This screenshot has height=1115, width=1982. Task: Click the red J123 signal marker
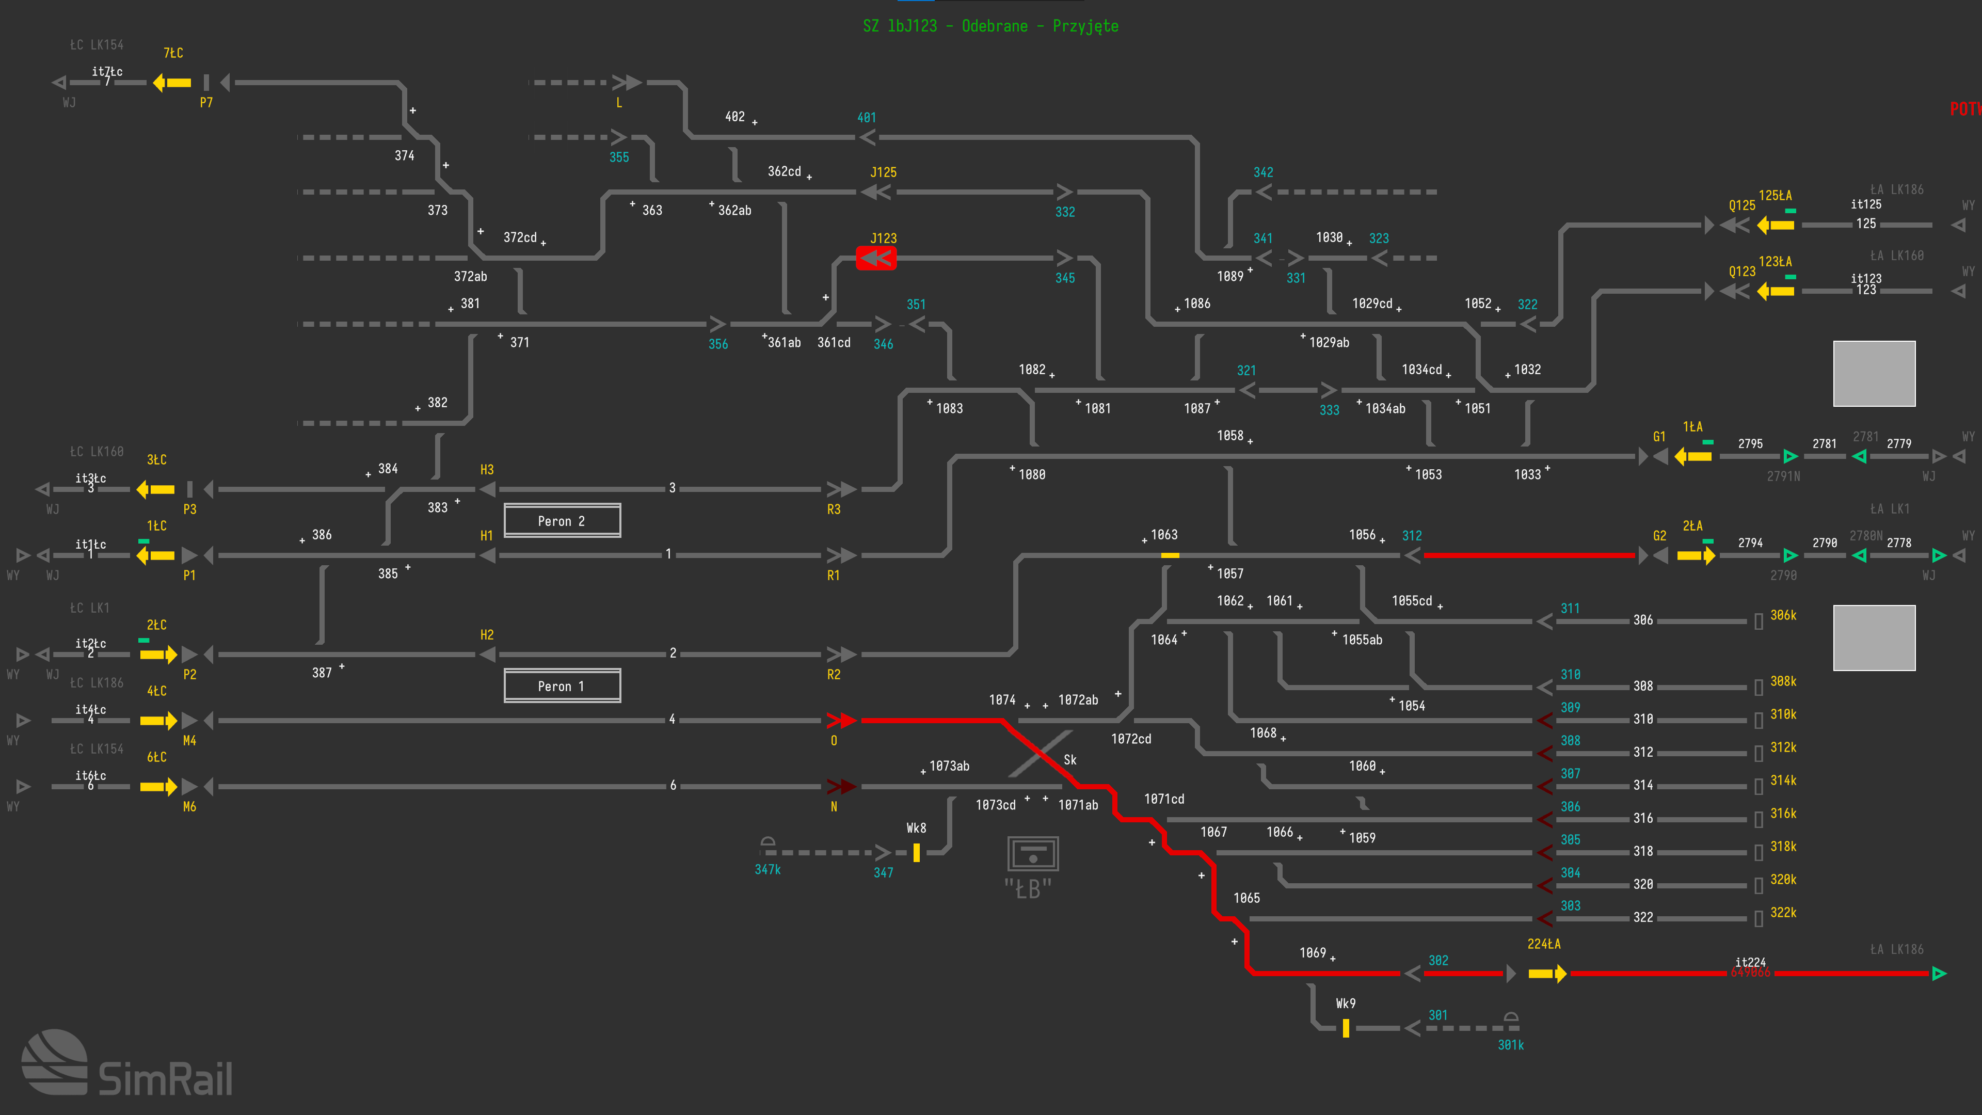pyautogui.click(x=875, y=258)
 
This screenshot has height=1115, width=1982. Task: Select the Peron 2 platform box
pyautogui.click(x=562, y=521)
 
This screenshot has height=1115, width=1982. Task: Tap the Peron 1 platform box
pyautogui.click(x=562, y=686)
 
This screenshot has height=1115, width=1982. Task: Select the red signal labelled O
pyautogui.click(x=841, y=720)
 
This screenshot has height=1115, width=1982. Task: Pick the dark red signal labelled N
pyautogui.click(x=841, y=786)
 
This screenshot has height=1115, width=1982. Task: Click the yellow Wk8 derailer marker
pyautogui.click(x=916, y=853)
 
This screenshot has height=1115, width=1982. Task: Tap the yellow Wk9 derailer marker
pyautogui.click(x=1346, y=1028)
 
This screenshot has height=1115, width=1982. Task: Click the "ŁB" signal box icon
pyautogui.click(x=1032, y=854)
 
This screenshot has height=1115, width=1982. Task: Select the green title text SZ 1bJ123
pyautogui.click(x=990, y=26)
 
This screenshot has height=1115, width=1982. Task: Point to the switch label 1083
pyautogui.click(x=950, y=409)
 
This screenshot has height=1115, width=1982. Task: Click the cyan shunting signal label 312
pyautogui.click(x=1412, y=536)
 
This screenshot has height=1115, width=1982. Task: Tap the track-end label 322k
pyautogui.click(x=1783, y=913)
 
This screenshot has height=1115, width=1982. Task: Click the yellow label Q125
pyautogui.click(x=1742, y=205)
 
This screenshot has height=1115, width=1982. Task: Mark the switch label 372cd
pyautogui.click(x=520, y=238)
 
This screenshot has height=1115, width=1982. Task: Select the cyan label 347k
pyautogui.click(x=767, y=869)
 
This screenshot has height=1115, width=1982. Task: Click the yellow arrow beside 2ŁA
pyautogui.click(x=1696, y=555)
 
